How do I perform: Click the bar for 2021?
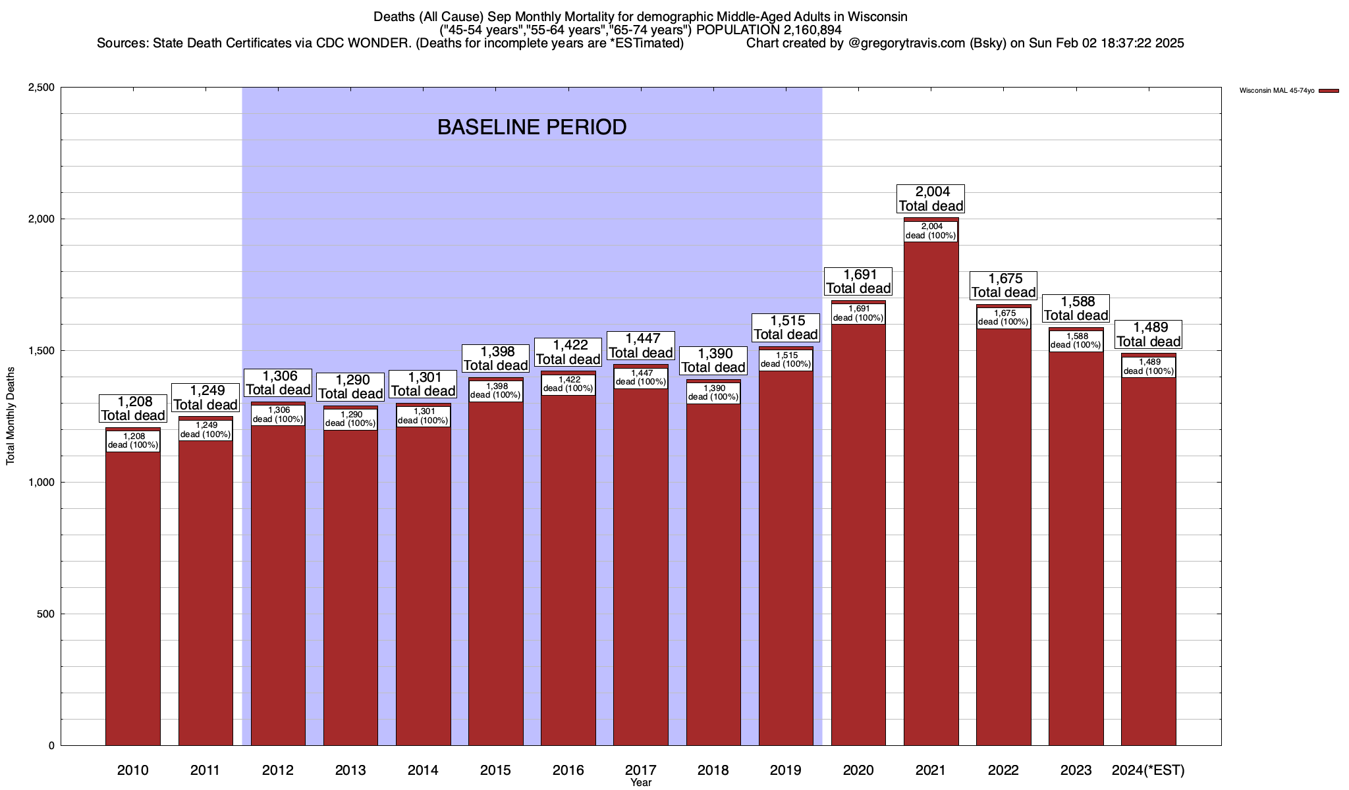coord(931,494)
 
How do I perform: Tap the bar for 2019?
coord(786,560)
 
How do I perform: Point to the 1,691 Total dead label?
coord(858,282)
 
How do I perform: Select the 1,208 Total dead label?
coord(133,408)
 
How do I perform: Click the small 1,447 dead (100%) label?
coord(640,378)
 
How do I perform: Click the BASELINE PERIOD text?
coord(532,127)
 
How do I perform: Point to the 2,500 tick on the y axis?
coord(41,88)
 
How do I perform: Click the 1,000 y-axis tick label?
coord(41,483)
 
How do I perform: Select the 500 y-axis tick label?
coord(45,614)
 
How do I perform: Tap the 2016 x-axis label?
coord(568,770)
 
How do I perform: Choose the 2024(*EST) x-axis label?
coord(1148,770)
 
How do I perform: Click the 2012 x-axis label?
coord(278,770)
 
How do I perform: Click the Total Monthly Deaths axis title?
coord(11,416)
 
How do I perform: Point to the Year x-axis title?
coord(640,783)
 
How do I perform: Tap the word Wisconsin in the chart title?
coord(871,16)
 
